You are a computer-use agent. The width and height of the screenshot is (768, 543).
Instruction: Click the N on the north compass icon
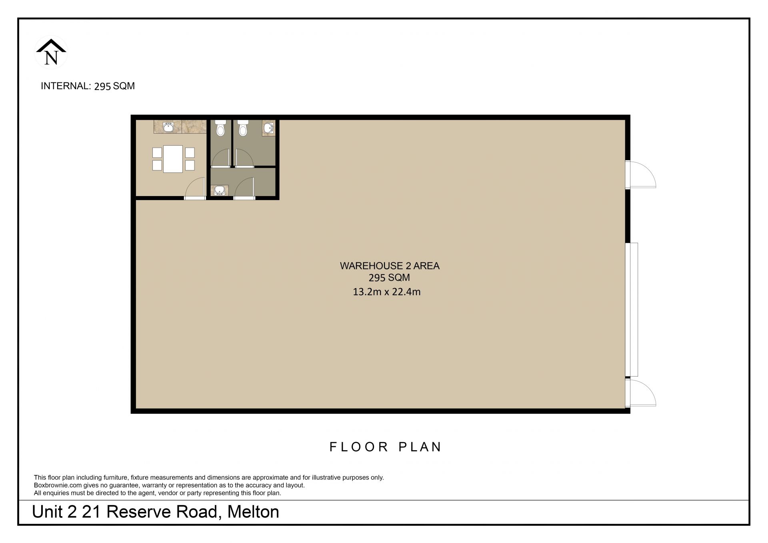point(51,58)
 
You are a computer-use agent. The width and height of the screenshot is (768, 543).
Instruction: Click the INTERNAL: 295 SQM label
point(88,86)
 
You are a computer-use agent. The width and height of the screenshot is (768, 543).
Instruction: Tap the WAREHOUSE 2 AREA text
point(390,266)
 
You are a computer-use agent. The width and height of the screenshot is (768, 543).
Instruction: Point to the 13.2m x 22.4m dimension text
point(386,292)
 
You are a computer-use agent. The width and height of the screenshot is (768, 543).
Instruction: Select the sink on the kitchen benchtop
point(168,127)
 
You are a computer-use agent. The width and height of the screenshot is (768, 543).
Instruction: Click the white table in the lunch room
point(173,159)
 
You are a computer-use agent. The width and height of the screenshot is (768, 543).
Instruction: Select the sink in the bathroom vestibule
point(219,190)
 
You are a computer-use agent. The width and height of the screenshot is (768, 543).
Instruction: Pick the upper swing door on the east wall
point(641,174)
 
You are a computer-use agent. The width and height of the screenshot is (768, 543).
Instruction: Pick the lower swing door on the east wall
point(641,393)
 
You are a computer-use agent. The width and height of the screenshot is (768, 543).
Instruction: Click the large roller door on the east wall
point(632,309)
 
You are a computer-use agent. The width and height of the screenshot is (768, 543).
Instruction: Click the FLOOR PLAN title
point(385,447)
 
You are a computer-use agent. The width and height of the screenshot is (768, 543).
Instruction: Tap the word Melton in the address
point(253,512)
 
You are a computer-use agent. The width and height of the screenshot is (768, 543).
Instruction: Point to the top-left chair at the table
point(157,152)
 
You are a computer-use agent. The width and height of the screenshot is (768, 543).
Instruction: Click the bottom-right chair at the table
point(190,165)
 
